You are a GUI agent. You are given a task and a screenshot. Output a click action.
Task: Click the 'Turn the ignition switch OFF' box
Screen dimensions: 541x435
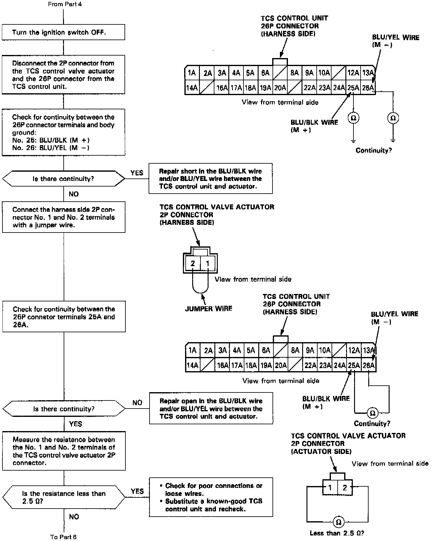click(63, 32)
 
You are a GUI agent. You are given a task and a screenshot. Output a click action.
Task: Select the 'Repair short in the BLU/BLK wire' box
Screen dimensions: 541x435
click(210, 179)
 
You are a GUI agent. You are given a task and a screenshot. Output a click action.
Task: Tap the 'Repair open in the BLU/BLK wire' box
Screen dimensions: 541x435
click(211, 409)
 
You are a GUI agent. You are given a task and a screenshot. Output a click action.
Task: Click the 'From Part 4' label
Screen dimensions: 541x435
click(65, 4)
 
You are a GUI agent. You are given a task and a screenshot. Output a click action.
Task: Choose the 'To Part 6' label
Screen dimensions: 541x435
click(63, 537)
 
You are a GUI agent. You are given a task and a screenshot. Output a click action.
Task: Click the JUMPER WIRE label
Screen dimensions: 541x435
click(209, 308)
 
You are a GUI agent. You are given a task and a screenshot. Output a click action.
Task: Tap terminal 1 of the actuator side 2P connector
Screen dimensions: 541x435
click(330, 488)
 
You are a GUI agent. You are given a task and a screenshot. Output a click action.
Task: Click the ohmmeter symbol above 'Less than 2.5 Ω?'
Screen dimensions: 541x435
click(338, 522)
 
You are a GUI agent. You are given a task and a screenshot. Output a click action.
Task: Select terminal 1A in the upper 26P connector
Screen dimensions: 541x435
click(192, 73)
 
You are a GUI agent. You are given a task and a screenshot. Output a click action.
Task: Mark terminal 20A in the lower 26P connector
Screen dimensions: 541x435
click(281, 366)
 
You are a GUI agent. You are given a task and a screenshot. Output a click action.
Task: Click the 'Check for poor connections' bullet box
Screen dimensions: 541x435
click(211, 497)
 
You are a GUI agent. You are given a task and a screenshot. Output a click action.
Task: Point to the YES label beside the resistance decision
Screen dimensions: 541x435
click(137, 491)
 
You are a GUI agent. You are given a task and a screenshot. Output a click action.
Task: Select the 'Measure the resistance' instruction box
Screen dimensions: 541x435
click(64, 451)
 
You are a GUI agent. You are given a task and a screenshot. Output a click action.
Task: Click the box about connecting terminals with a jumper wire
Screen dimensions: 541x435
click(64, 217)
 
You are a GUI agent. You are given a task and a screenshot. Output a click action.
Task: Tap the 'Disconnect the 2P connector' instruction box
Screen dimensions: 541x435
click(63, 75)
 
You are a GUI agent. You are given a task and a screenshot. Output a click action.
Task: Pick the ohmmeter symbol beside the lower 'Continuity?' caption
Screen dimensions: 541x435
click(372, 413)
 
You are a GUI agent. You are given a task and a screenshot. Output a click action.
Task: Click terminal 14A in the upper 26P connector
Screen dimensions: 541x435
click(192, 88)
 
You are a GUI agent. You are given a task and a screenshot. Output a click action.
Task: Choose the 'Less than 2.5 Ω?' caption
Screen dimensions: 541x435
click(337, 533)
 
